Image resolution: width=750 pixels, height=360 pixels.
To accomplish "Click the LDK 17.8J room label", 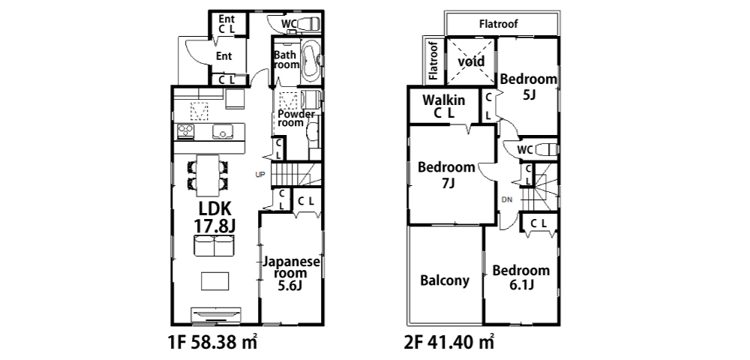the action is click(214, 217).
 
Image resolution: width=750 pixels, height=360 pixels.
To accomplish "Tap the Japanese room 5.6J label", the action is click(291, 274).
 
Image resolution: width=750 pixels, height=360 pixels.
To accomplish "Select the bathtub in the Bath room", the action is click(311, 61).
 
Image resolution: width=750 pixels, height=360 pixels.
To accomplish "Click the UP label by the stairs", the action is click(259, 175).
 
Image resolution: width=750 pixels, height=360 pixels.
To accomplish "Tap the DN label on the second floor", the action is click(506, 199).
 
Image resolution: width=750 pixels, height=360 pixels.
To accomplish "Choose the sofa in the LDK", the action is click(214, 246).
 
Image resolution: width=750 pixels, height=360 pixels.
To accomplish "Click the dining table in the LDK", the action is click(208, 175).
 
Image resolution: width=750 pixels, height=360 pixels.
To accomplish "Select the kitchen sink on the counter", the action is click(223, 131).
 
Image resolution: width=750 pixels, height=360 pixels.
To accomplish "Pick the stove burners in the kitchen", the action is click(185, 131).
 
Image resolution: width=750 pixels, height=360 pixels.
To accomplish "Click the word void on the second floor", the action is click(471, 61).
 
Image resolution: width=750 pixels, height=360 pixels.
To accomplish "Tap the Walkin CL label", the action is click(443, 106).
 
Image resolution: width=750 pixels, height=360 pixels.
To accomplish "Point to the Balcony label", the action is click(444, 280).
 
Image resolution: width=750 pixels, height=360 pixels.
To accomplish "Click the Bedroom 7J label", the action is click(447, 175).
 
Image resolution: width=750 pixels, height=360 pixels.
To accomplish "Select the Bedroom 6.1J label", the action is click(521, 277).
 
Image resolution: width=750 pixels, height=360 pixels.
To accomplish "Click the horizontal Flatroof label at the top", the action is click(499, 23).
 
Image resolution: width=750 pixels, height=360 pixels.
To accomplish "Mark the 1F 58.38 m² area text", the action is click(213, 342).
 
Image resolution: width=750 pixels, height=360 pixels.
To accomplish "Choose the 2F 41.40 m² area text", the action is click(449, 342).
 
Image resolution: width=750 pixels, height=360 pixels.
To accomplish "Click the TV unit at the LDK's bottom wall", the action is click(215, 316).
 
